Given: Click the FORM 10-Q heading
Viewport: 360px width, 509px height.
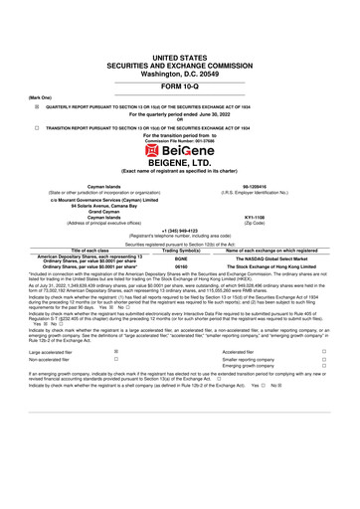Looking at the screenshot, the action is tap(180, 85).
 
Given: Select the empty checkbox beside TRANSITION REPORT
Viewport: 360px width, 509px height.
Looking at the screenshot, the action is tap(36, 127).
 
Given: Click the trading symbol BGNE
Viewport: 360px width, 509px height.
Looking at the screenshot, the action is tap(181, 257).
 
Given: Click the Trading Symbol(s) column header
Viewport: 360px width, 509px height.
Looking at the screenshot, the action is tap(181, 250).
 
